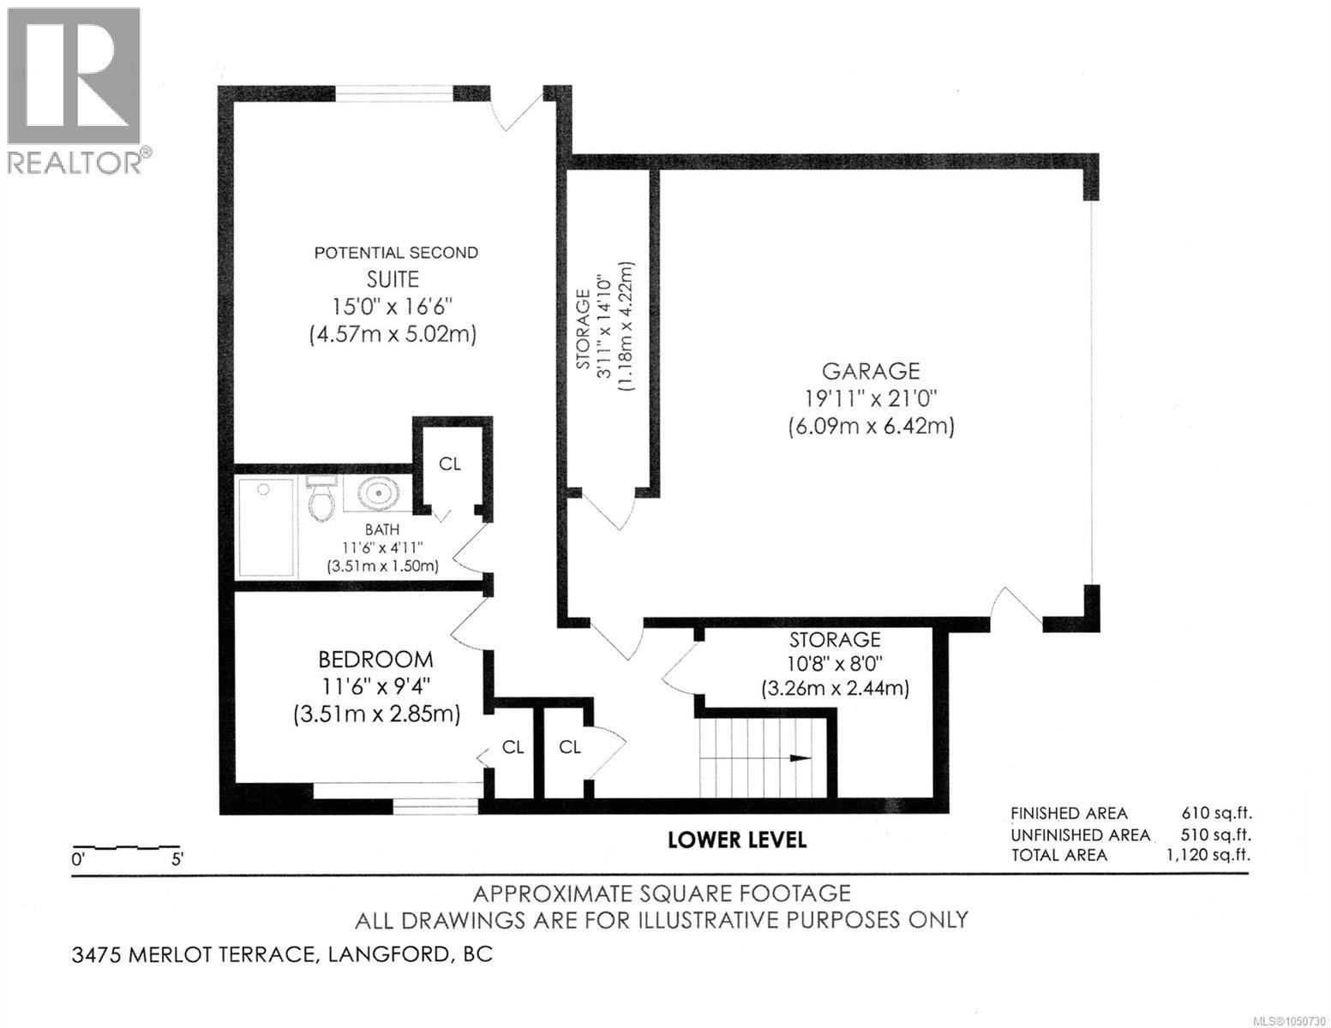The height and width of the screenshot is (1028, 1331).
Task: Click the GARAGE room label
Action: tap(871, 371)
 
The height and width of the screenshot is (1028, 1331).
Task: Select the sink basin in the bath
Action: tap(379, 493)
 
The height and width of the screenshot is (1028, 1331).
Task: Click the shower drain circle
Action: tap(264, 489)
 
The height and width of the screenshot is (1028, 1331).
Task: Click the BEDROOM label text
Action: tap(375, 660)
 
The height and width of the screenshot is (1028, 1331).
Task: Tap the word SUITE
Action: tap(393, 279)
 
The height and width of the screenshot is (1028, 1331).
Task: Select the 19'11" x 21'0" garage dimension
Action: tap(871, 398)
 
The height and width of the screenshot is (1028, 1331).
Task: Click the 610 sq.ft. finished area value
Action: tap(1216, 813)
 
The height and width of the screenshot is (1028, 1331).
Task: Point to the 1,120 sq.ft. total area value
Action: tap(1208, 854)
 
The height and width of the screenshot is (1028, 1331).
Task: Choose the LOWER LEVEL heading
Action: tap(737, 840)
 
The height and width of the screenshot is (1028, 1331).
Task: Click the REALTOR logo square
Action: tap(74, 76)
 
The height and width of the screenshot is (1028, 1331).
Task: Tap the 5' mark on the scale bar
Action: tap(177, 859)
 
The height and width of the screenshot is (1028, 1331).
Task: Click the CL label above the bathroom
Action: tap(450, 464)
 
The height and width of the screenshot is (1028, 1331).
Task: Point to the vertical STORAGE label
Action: tap(584, 329)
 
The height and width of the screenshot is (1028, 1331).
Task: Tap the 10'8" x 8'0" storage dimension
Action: tap(835, 663)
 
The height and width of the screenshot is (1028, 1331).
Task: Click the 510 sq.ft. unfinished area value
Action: tap(1216, 834)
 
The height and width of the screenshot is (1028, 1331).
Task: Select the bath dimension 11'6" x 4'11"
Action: tap(382, 547)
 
